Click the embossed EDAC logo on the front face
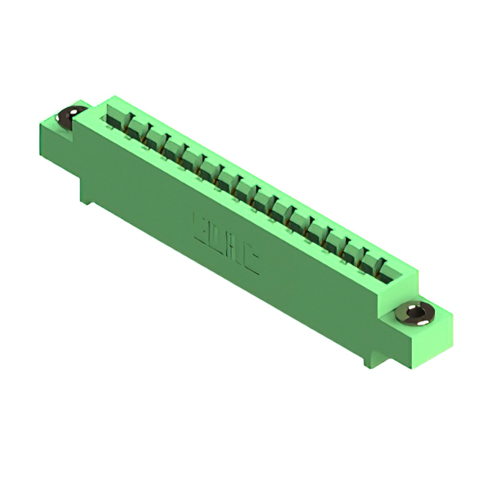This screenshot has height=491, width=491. coord(225,245)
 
